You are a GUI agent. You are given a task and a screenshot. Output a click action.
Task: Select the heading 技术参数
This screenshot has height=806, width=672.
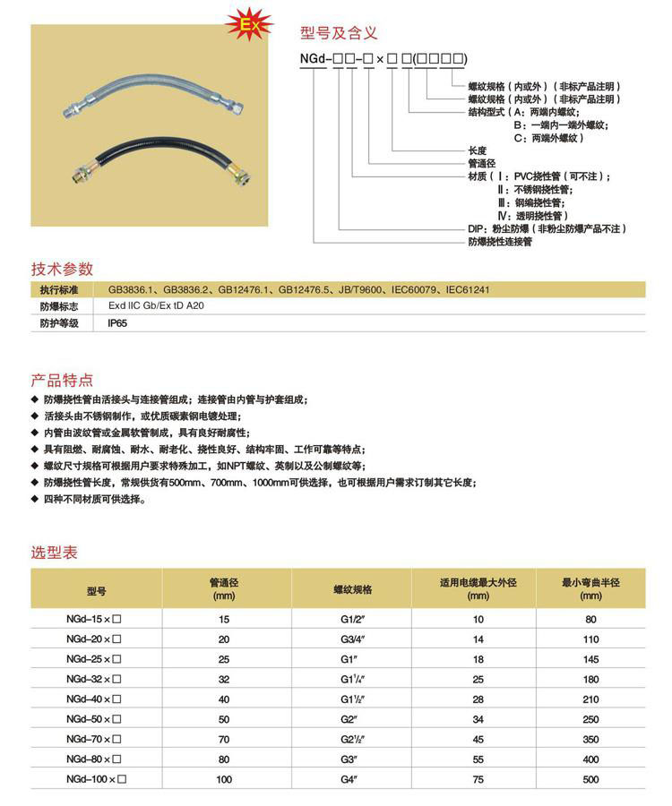(62, 268)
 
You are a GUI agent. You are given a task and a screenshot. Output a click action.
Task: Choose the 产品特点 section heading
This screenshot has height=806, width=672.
(62, 380)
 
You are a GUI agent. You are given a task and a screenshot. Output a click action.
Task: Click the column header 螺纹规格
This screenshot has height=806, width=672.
(352, 590)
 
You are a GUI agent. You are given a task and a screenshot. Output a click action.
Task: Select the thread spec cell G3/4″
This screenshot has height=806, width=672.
(352, 639)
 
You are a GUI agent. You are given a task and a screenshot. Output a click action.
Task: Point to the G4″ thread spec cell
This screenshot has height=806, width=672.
(352, 780)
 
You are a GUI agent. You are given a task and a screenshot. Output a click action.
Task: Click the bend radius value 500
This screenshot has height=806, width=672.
(590, 780)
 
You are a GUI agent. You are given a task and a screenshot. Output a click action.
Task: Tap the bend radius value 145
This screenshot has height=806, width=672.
(590, 659)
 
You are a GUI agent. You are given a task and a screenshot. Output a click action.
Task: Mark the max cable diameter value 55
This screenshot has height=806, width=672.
(478, 759)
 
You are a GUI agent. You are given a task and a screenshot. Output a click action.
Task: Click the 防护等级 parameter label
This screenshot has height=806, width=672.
(59, 323)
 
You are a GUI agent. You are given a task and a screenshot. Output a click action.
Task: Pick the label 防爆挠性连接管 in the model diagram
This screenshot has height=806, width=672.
(500, 242)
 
